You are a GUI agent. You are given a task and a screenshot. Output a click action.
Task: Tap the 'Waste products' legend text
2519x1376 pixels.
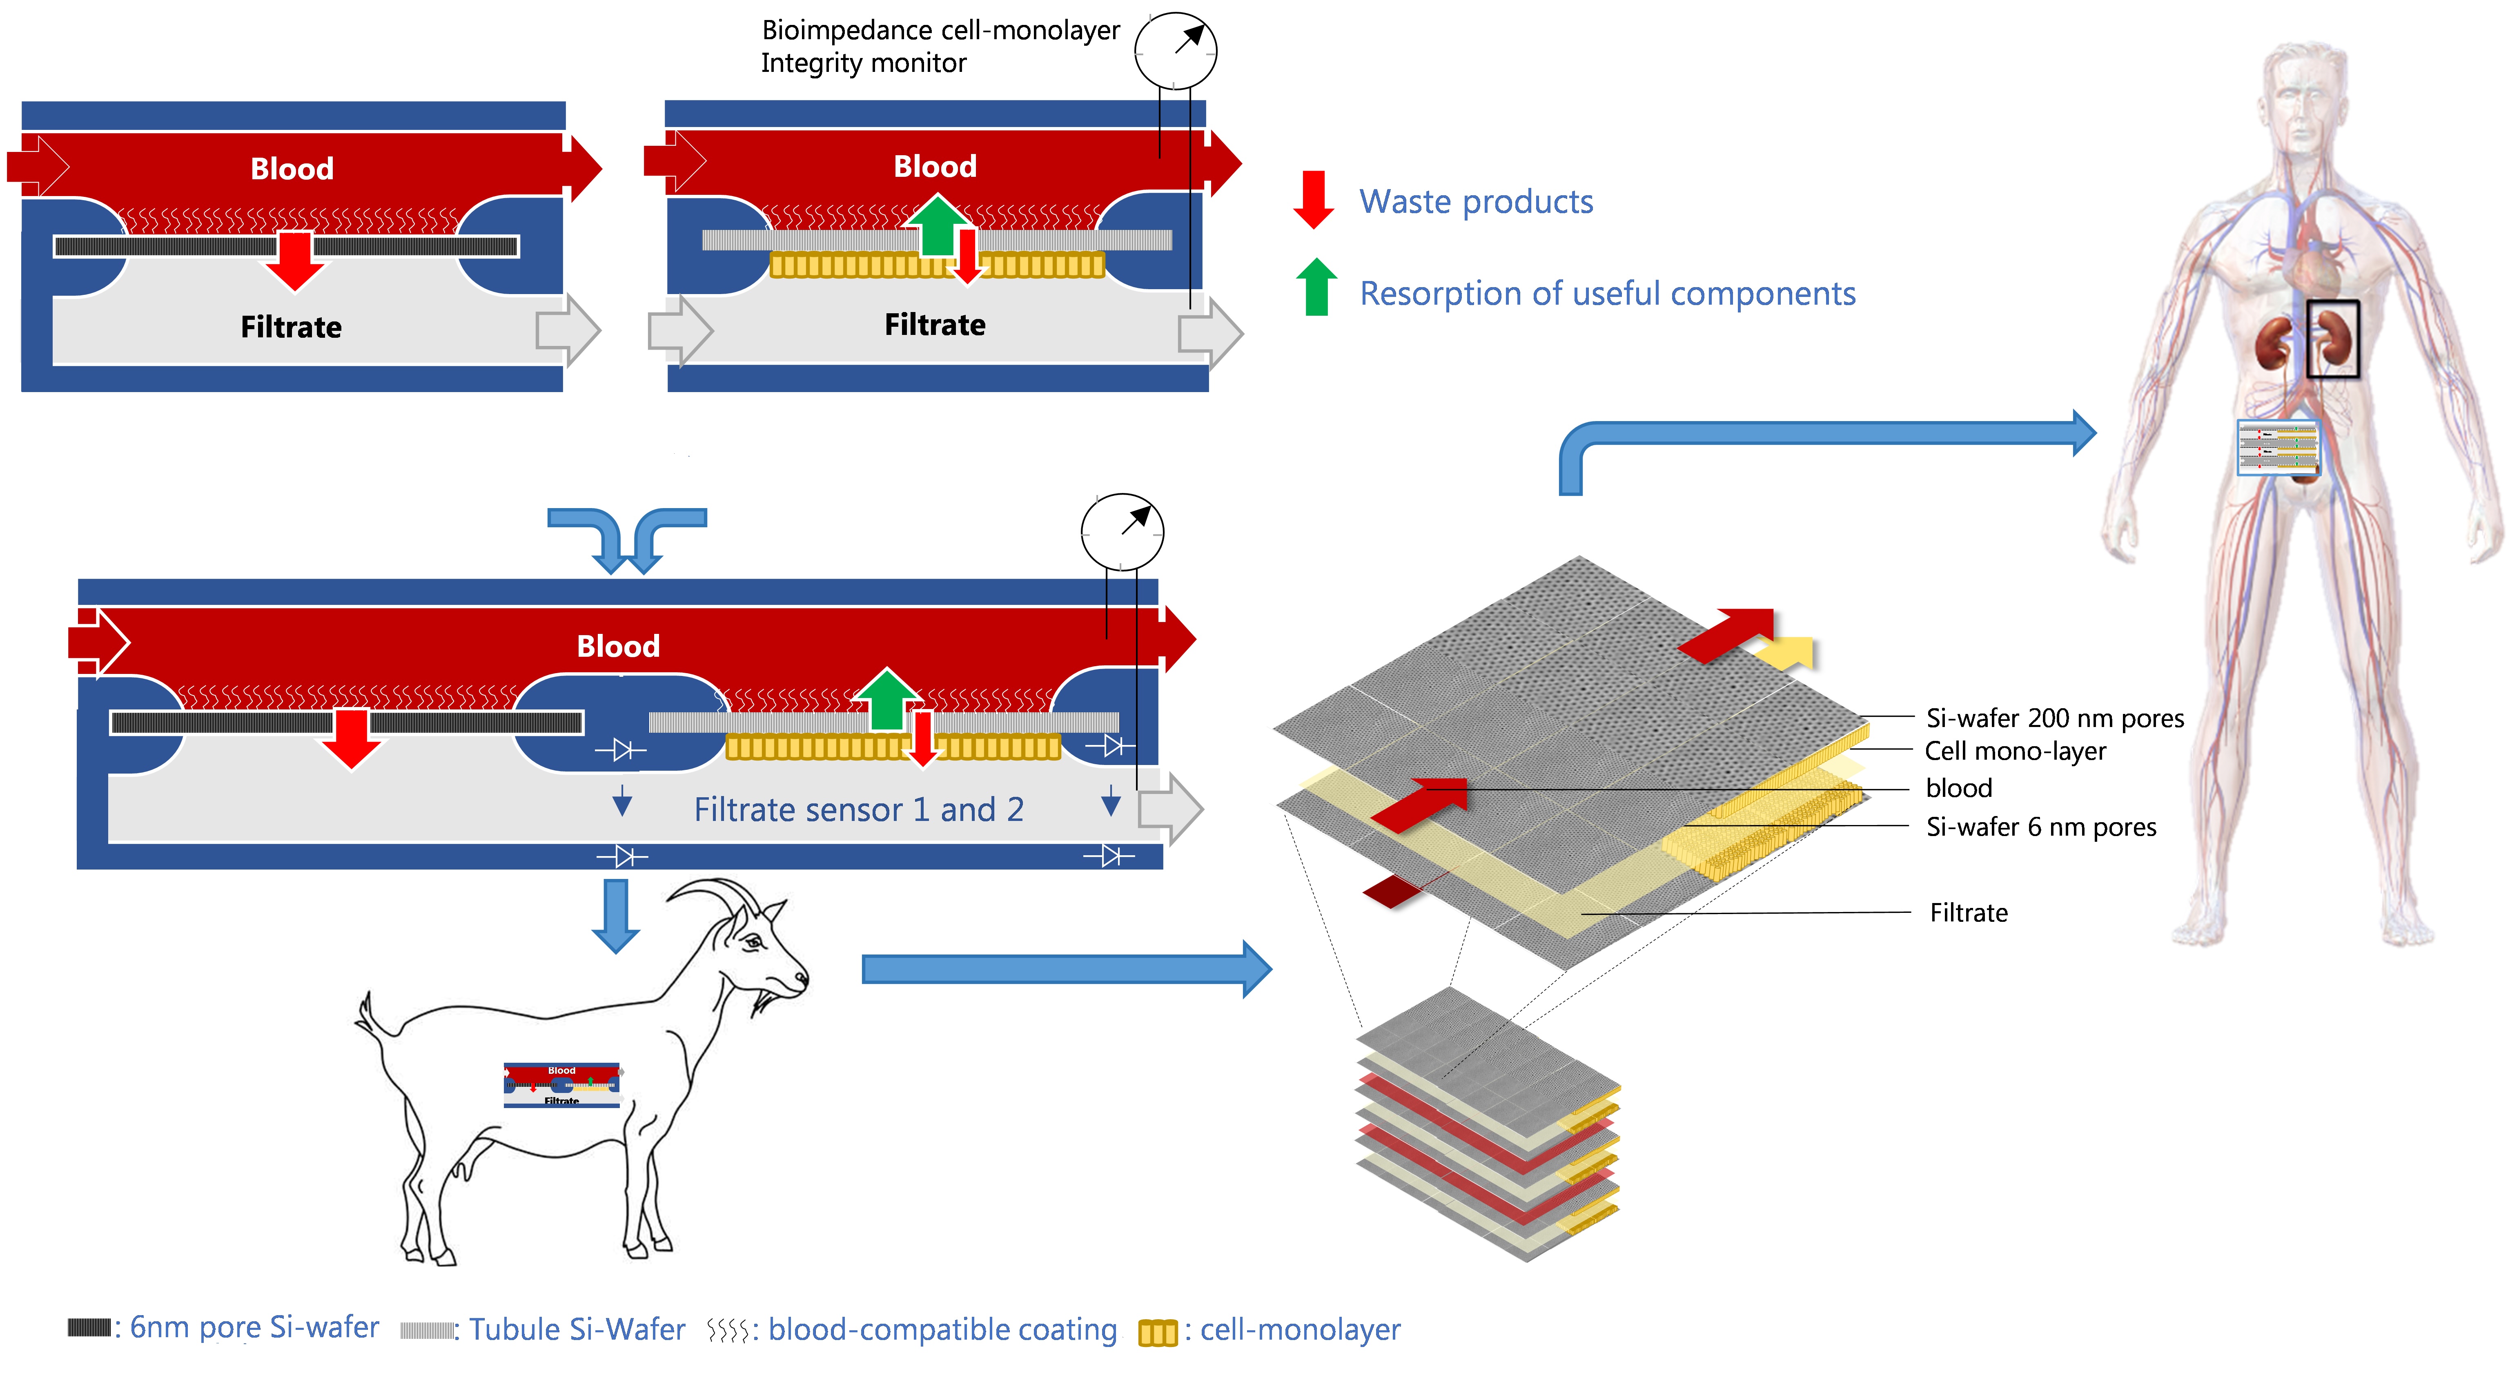(x=1476, y=201)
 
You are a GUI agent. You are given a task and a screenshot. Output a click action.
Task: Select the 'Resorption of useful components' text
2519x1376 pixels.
(x=1607, y=293)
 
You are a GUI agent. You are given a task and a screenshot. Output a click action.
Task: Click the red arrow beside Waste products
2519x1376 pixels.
(x=1313, y=198)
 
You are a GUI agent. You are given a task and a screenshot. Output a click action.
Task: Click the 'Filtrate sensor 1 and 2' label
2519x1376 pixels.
(x=859, y=810)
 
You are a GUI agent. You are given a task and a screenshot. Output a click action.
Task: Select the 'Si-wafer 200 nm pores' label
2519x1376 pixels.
(x=2054, y=719)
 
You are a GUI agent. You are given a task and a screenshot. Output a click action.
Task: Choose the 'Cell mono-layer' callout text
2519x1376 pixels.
(x=2014, y=751)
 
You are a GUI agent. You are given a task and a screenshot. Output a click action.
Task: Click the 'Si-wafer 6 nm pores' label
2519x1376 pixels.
(x=2040, y=827)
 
